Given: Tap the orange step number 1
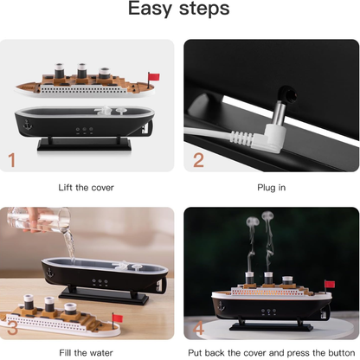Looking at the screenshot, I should pos(12,158).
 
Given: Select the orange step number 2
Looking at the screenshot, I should pos(198,158).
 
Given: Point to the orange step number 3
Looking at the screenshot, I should pos(12,329).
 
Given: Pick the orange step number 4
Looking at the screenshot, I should pos(198,329).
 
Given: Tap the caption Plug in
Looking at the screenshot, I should pos(270,187).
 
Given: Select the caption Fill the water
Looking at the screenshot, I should pos(85,352).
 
